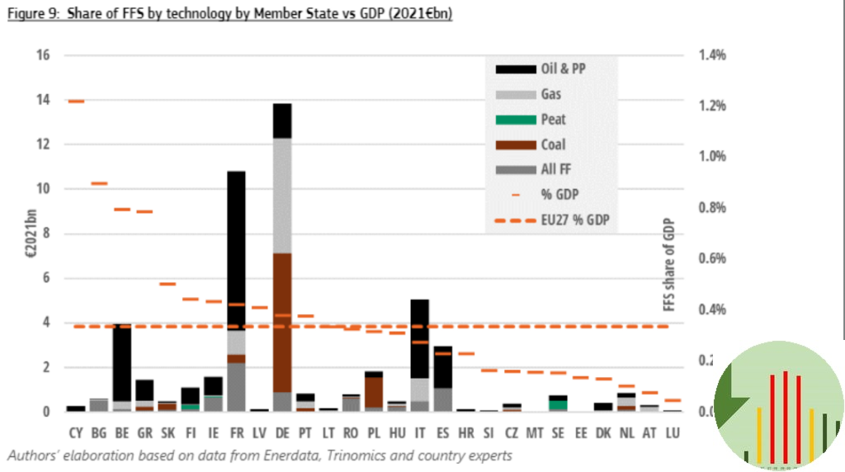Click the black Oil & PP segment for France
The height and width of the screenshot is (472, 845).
[x=237, y=248]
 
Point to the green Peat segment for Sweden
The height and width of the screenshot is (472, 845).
[x=558, y=404]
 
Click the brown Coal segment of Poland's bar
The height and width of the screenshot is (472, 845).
[x=373, y=392]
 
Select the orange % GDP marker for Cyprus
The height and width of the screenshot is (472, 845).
[x=76, y=101]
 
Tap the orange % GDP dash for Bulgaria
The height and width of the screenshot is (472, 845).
[x=99, y=184]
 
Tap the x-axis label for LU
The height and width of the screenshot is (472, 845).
[x=673, y=432]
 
